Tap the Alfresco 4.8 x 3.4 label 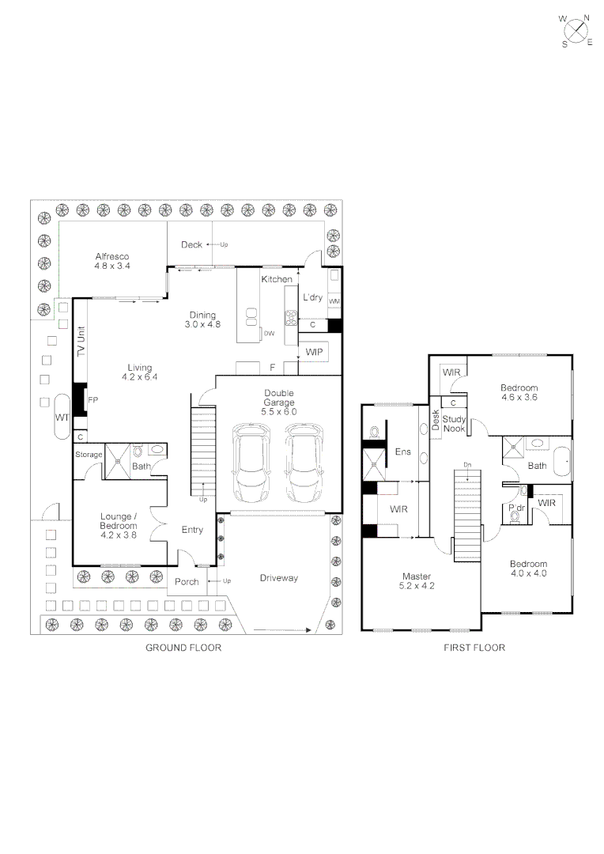[112, 262]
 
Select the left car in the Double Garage [250, 463]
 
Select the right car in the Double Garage [304, 463]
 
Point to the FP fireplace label [92, 399]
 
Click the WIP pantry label [315, 351]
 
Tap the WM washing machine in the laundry [334, 301]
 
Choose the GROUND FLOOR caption [183, 648]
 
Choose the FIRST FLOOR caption [474, 648]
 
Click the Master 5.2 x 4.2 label [417, 581]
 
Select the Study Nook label [454, 423]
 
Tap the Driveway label [279, 578]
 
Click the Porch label [187, 582]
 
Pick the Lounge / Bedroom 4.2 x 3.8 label [118, 526]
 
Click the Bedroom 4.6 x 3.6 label [519, 393]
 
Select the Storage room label [89, 455]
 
